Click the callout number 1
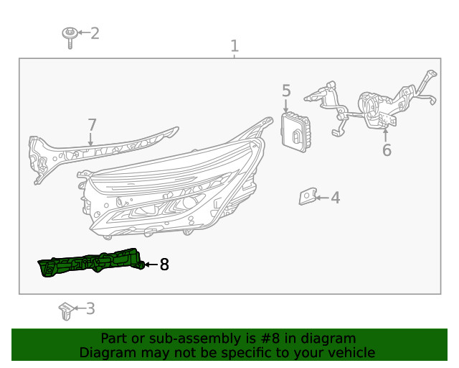point(235,46)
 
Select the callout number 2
point(95,33)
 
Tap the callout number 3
point(90,309)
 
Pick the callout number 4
point(336,198)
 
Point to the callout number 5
point(286,91)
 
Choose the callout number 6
point(387,150)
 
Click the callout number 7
point(93,125)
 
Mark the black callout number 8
point(164,264)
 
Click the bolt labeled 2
point(70,38)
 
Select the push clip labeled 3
point(66,311)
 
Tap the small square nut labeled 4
point(308,197)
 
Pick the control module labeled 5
point(295,132)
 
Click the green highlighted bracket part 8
point(91,262)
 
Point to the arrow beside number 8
point(151,264)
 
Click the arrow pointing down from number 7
point(90,139)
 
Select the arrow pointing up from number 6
point(386,135)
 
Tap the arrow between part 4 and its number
point(322,198)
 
